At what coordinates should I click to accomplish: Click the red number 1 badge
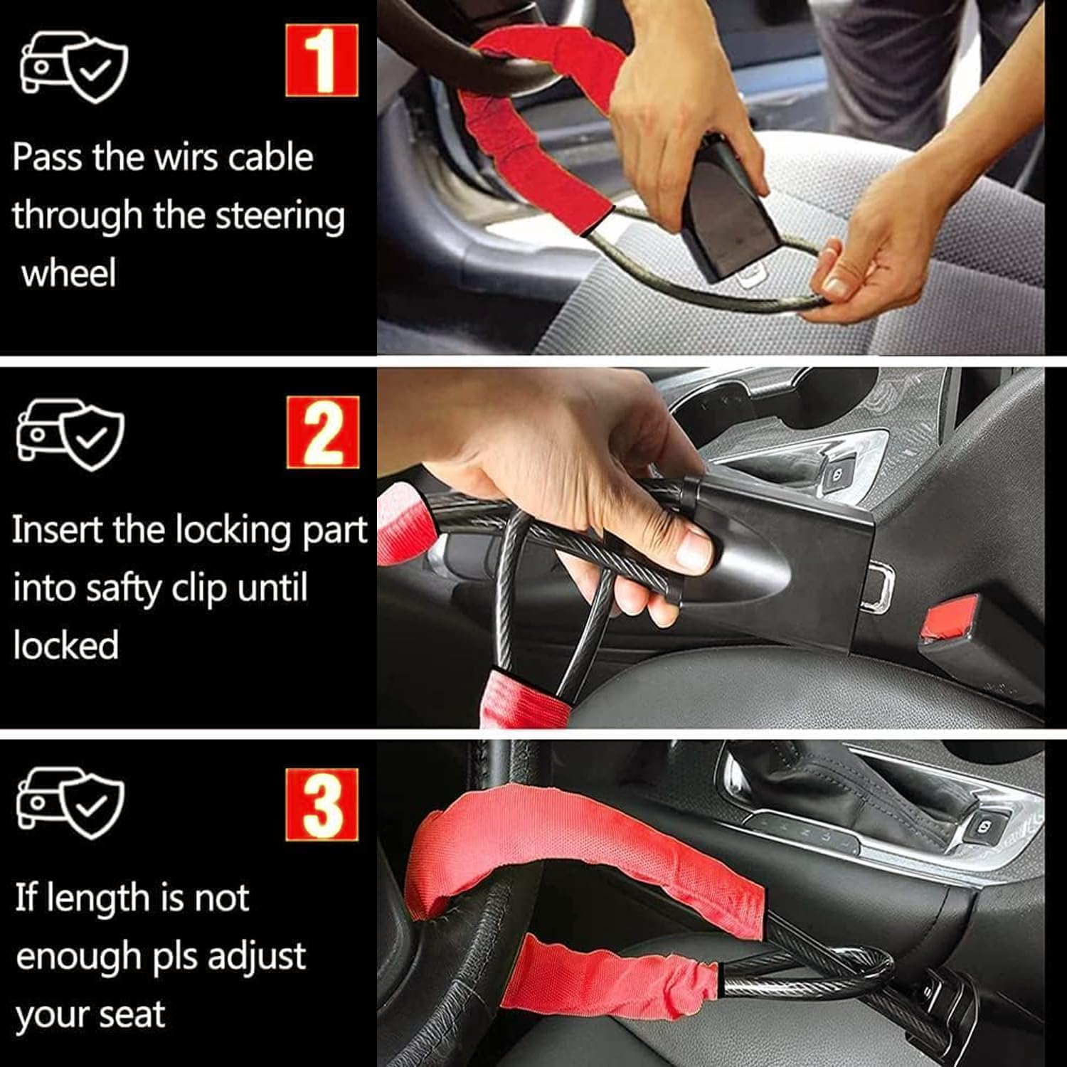point(322,60)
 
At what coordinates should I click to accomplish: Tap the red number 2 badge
point(323,432)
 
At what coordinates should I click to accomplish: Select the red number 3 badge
point(322,805)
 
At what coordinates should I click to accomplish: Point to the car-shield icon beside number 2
point(70,434)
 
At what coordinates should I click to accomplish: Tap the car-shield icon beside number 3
point(70,803)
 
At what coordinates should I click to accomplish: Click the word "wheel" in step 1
point(68,274)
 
